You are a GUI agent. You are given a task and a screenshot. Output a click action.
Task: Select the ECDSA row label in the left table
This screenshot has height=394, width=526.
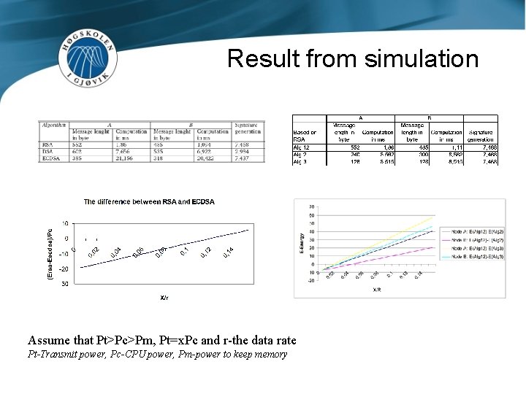coord(50,158)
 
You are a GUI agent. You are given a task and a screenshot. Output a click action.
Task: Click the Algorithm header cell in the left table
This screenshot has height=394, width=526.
coord(54,125)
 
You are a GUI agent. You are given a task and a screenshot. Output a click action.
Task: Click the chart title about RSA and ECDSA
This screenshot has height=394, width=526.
coord(149,201)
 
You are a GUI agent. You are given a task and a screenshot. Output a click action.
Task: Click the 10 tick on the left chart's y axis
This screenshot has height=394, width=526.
coord(65,223)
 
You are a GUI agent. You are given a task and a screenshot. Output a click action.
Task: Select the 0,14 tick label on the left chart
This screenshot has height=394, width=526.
coord(229,252)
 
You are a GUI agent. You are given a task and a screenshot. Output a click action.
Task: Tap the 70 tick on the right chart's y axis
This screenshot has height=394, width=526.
coord(312,206)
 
